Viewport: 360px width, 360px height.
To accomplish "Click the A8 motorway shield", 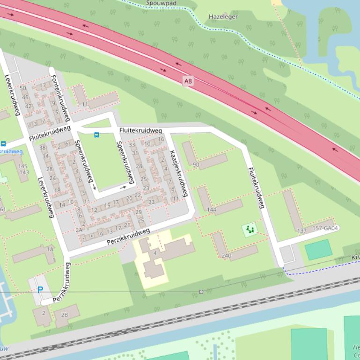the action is [x=188, y=81].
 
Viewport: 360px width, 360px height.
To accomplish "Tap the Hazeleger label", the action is [x=223, y=17].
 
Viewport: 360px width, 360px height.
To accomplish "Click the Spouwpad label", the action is [x=161, y=3].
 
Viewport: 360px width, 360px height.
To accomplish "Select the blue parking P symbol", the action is [x=40, y=290].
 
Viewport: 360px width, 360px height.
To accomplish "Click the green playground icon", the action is [x=250, y=230].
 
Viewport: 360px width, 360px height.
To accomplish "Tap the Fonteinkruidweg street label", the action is [x=60, y=97].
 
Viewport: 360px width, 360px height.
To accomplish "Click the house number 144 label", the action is [x=212, y=210].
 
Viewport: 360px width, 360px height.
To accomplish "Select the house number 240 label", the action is [x=226, y=256].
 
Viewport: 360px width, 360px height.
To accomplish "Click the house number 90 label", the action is [x=196, y=165].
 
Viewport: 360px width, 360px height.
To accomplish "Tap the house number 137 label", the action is [x=301, y=231].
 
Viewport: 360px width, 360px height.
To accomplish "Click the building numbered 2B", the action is [x=65, y=315].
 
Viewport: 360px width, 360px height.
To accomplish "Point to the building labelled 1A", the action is [x=50, y=250].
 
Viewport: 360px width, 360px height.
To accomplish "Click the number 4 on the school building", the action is [x=154, y=253].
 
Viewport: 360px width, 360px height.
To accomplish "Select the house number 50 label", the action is [x=23, y=88].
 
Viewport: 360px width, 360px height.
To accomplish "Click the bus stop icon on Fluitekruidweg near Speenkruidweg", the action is [x=96, y=135].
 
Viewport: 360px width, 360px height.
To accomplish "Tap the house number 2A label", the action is [x=79, y=230].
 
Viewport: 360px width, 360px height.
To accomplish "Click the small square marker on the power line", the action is [x=201, y=292].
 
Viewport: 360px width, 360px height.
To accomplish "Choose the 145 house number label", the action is [x=22, y=166].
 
